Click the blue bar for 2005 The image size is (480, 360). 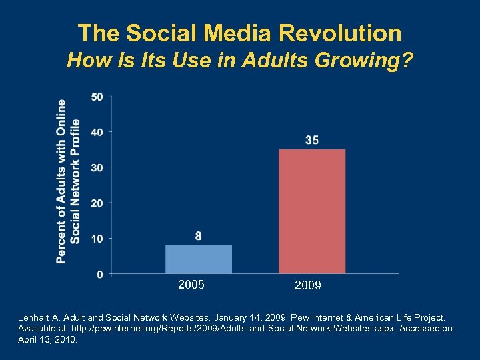point(199,259)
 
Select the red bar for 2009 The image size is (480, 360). point(312,211)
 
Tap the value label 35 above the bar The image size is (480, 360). point(312,140)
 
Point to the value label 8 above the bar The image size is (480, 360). point(199,236)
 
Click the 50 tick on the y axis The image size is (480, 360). point(97,97)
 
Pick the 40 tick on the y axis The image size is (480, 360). point(97,132)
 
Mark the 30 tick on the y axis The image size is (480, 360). point(97,167)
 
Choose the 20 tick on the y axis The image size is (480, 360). point(97,203)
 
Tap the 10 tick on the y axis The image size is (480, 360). point(97,239)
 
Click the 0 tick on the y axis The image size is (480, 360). point(99,274)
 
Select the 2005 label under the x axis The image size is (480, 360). point(191,285)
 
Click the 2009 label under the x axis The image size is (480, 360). point(308,286)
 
